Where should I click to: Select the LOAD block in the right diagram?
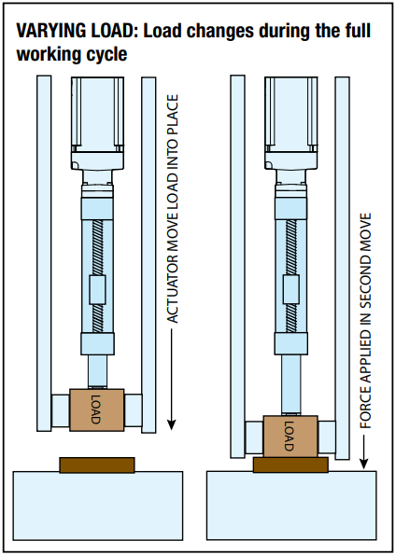pyautogui.click(x=289, y=436)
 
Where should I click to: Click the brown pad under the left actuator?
pyautogui.click(x=97, y=464)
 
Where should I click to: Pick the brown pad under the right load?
pyautogui.click(x=289, y=464)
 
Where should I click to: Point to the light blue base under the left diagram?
pyautogui.click(x=97, y=505)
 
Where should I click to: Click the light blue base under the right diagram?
pyautogui.click(x=290, y=505)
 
